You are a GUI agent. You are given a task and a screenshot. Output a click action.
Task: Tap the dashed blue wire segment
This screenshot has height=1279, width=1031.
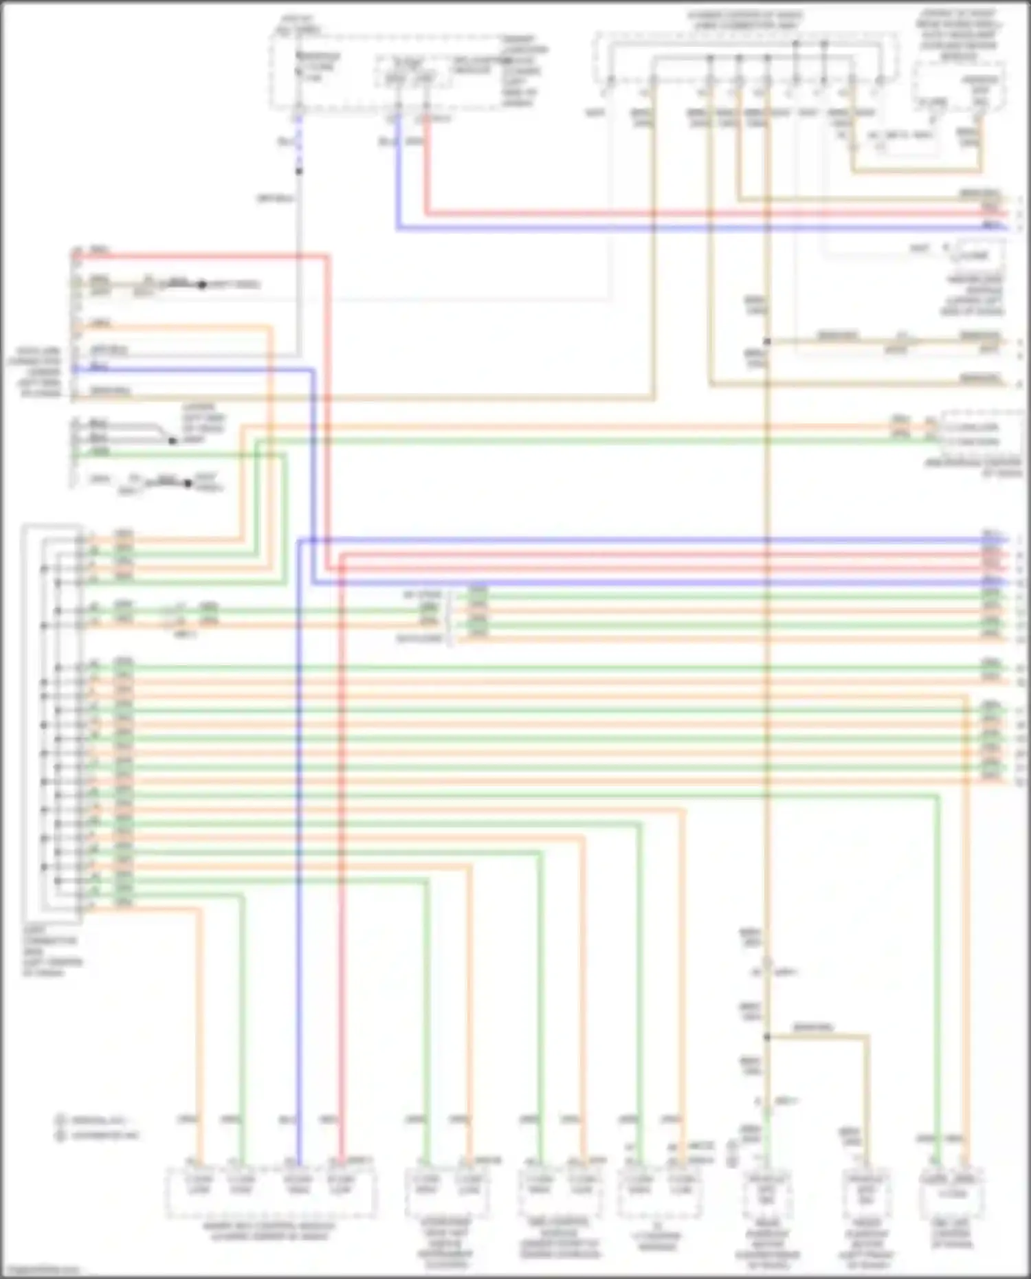pos(298,141)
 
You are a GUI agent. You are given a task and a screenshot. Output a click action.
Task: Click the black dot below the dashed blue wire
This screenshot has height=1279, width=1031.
pos(298,171)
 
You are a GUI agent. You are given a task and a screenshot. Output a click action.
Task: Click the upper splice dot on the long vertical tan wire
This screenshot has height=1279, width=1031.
pos(767,342)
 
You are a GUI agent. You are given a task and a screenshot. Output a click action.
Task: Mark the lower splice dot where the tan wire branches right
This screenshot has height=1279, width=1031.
pos(767,1037)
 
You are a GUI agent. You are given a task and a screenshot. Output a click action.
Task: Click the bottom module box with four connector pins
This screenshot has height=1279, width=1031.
pos(271,1191)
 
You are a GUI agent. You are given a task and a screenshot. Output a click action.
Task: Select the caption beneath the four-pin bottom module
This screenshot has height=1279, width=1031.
pos(269,1231)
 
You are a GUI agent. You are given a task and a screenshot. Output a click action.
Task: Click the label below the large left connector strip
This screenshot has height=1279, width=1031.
pos(52,951)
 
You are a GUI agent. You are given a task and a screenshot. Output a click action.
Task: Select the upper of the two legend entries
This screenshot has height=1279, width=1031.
pos(96,1120)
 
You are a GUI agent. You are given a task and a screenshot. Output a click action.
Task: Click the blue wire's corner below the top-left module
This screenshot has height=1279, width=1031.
pos(398,227)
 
